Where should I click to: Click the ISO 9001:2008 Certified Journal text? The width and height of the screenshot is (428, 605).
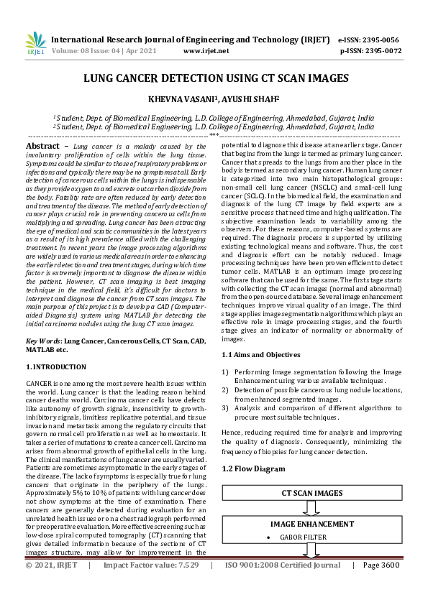(x=282, y=586)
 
